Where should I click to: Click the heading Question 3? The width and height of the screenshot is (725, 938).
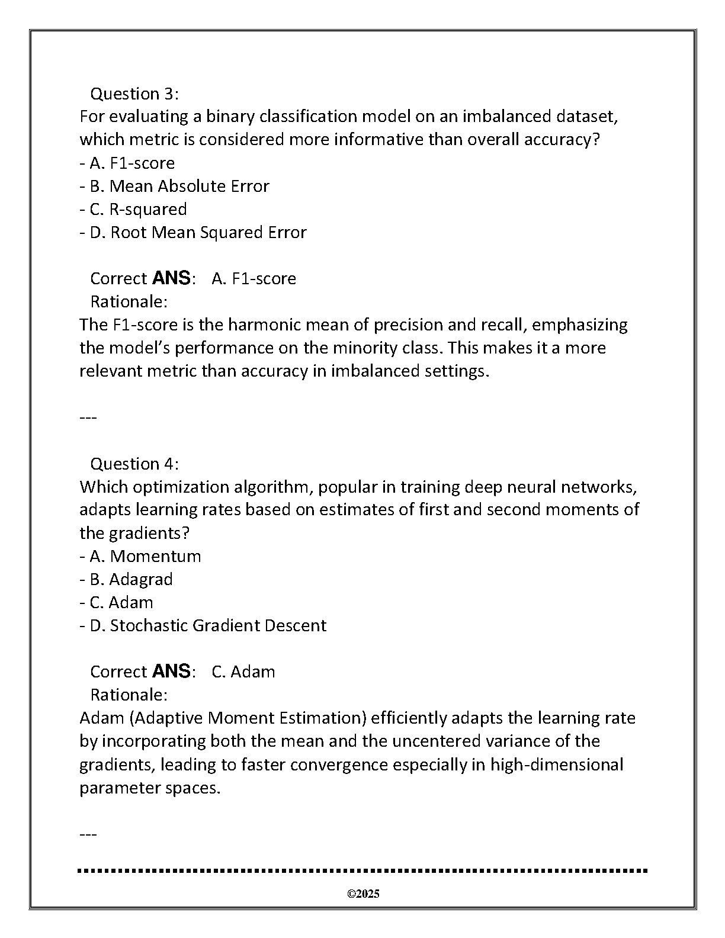(x=134, y=94)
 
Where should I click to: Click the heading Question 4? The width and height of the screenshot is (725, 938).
(x=134, y=463)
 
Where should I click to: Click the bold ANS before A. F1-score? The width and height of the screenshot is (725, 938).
(x=171, y=278)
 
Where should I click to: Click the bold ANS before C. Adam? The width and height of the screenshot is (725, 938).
(x=171, y=671)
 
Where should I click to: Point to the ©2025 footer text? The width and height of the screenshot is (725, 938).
(x=363, y=894)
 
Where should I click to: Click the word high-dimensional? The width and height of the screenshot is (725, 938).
(x=557, y=764)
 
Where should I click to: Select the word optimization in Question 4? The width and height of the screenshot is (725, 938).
(x=181, y=487)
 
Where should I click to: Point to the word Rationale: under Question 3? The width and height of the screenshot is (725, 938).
(x=129, y=301)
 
